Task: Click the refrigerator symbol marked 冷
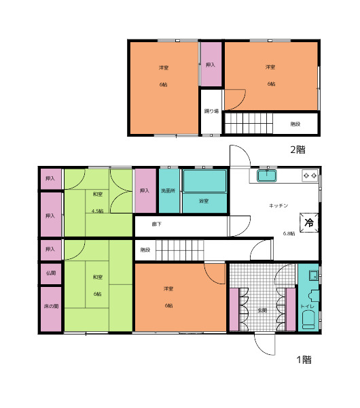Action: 309,222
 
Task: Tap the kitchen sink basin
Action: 267,175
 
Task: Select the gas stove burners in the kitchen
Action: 310,175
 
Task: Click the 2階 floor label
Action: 298,150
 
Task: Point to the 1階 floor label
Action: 304,360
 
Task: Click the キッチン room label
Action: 278,205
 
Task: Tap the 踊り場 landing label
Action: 211,111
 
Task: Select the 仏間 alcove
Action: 51,273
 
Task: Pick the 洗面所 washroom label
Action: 168,190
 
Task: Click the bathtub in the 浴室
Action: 205,181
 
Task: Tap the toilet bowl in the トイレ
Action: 308,320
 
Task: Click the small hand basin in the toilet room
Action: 314,275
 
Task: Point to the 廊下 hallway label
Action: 157,224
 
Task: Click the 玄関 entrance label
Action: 262,310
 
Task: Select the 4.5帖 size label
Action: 98,211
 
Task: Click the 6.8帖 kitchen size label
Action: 289,233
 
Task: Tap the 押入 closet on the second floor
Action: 211,64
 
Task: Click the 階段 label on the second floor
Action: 295,124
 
